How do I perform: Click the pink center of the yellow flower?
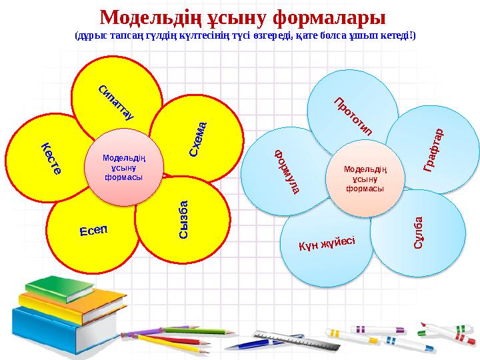point(123,168)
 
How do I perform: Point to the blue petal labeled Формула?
point(280,170)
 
